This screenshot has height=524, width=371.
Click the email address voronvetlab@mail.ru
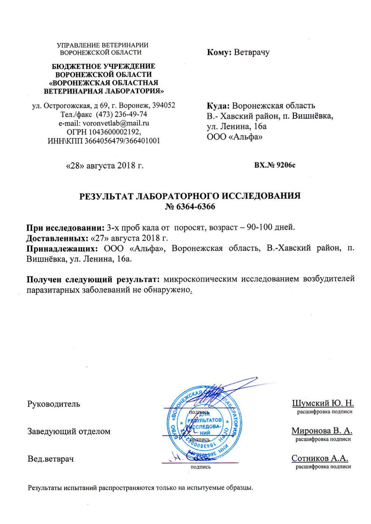point(116,123)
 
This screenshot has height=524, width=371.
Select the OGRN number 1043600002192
point(113,132)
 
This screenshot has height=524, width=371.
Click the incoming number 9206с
point(284,166)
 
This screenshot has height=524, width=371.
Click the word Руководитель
point(54,404)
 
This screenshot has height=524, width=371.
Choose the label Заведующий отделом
point(69,431)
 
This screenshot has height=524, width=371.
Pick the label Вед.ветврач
point(50,458)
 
